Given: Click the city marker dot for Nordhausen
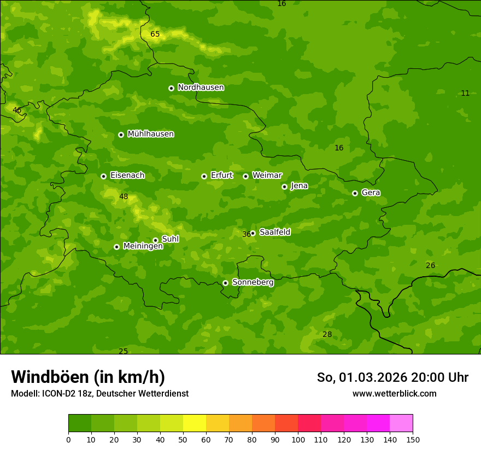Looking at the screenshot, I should pos(171,88).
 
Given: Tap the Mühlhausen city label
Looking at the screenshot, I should pos(150,134).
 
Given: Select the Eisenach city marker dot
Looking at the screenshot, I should pos(103,176).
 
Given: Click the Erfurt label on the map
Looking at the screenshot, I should pos(221,176).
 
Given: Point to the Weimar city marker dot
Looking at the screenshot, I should pos(245,176).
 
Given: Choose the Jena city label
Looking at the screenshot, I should pos(299,186).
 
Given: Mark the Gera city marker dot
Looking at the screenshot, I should pos(355,193).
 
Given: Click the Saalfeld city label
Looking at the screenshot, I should pos(274,232).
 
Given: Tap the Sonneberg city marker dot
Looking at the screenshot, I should pos(225,283).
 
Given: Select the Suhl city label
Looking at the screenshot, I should pos(170,239).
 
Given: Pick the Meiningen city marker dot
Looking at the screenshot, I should pos(116,247).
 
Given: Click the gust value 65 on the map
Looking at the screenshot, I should pos(155,34).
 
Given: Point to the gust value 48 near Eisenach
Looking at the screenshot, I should pos(124,197).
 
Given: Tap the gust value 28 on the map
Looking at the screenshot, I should pos(327,335).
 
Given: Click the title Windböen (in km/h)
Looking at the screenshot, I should pos(88,377).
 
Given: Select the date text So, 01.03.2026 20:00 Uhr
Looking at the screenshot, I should pos(392,377).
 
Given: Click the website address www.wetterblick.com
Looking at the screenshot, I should pos(394,394).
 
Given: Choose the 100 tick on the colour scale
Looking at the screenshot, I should pos(298,439).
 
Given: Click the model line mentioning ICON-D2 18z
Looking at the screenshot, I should pos(99,394).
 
